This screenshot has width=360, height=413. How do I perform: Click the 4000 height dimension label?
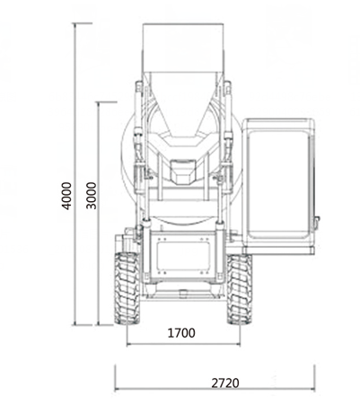point(66,196)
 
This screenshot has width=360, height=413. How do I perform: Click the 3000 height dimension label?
point(92,196)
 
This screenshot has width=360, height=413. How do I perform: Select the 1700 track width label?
point(181,333)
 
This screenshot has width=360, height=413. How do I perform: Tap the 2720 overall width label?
point(225,382)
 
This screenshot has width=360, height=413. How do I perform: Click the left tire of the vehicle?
point(127,288)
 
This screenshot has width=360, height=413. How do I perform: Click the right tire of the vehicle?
point(240,289)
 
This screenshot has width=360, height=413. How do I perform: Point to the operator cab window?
point(279,184)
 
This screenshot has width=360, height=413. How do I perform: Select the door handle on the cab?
point(316,223)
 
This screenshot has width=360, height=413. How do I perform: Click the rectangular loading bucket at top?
point(183,48)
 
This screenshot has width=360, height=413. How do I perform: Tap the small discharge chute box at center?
point(183,171)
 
